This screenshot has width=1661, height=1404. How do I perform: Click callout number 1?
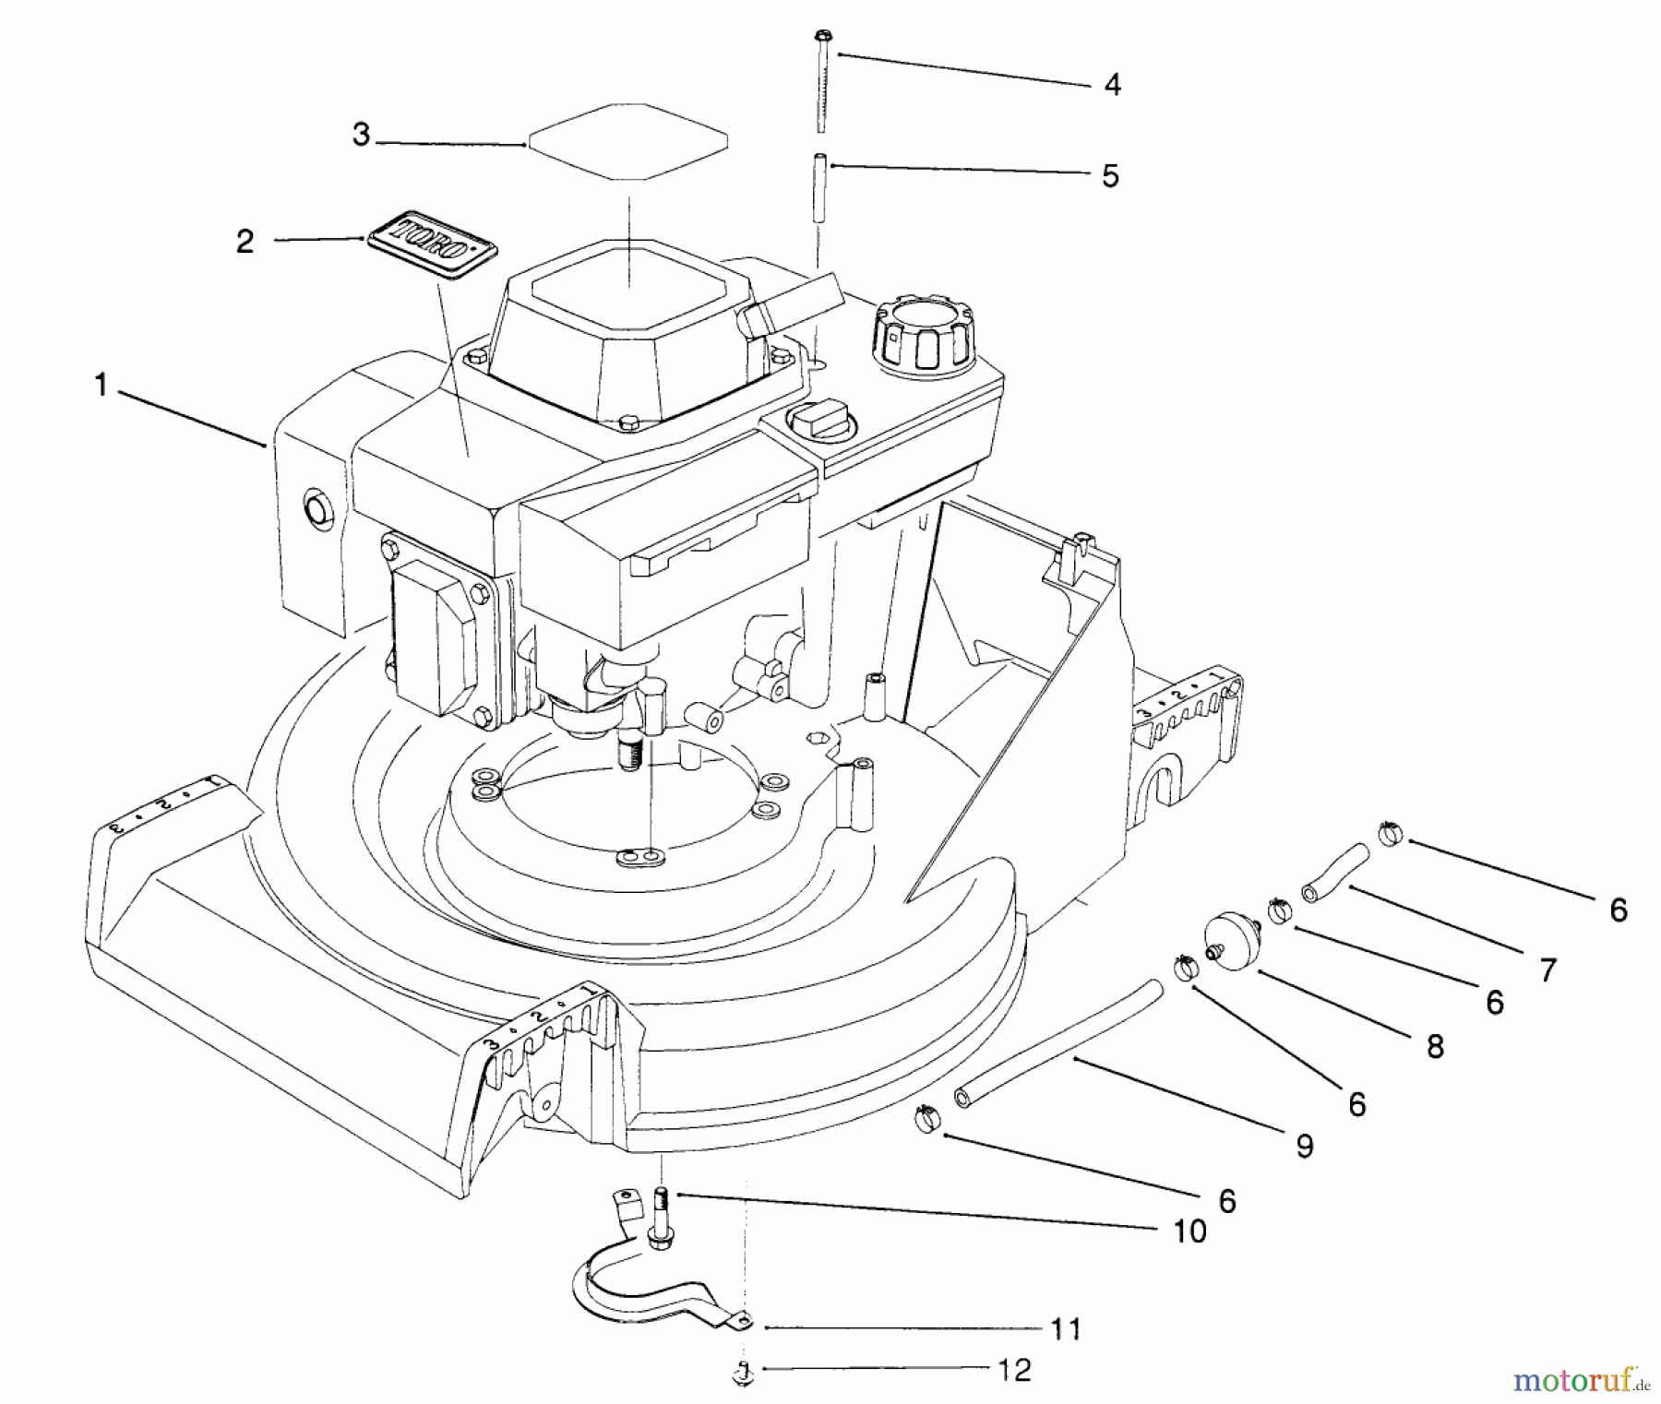[x=101, y=386]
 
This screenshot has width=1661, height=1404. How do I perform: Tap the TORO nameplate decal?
[x=432, y=244]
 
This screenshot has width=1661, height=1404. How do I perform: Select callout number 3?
[x=361, y=136]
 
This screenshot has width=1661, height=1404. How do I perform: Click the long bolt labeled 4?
[x=821, y=83]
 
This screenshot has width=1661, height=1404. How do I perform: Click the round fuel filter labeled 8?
[x=1229, y=941]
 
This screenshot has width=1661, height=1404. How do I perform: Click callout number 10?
[x=1189, y=1231]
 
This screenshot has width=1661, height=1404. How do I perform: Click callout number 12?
[x=1014, y=1370]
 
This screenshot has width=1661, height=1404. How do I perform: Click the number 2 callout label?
[x=245, y=242]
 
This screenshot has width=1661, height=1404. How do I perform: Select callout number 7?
[x=1547, y=969]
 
